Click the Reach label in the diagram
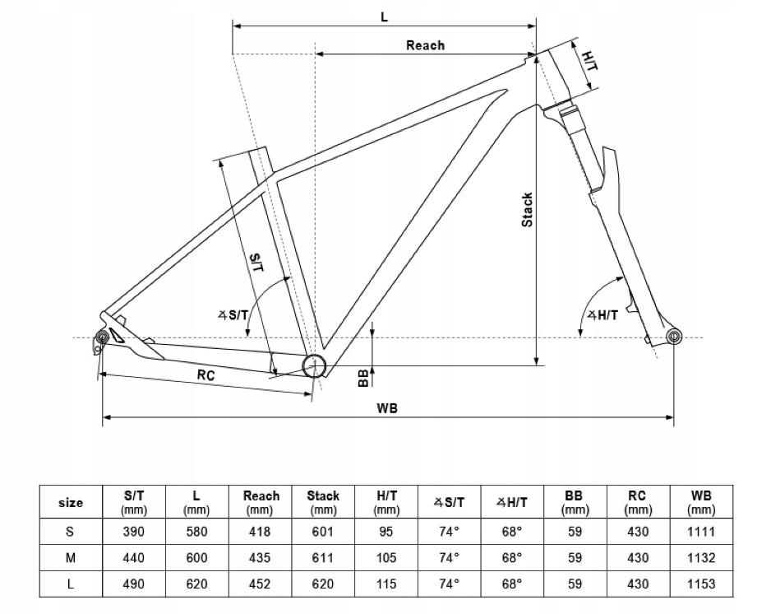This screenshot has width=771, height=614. (425, 45)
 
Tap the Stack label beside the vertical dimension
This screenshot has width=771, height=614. (528, 209)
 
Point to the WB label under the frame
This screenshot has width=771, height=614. (387, 409)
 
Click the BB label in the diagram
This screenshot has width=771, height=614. (362, 378)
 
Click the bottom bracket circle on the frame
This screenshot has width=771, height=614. (314, 366)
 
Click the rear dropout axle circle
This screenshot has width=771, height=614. (104, 337)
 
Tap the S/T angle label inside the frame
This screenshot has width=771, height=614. (234, 314)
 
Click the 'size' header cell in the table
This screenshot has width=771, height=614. (72, 502)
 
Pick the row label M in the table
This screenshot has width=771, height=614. (72, 557)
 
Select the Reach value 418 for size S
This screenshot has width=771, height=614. (261, 532)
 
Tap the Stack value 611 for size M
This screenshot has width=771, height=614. (323, 557)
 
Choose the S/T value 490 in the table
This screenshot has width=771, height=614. (133, 584)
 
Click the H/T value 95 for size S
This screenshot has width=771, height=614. (387, 532)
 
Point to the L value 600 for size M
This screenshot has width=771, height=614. (197, 557)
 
